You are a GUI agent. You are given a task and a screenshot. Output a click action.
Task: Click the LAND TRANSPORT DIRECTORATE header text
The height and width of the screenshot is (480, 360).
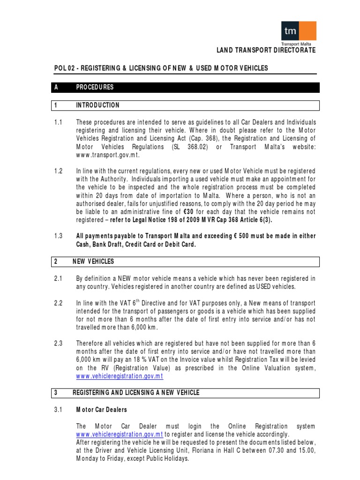tap(265, 50)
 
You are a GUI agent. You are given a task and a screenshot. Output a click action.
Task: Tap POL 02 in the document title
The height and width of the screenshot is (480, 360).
tap(63, 68)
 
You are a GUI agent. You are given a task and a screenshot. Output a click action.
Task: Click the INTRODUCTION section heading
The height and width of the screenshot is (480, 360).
tap(97, 105)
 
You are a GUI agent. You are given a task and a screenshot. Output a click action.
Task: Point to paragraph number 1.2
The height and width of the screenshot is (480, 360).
tap(58, 171)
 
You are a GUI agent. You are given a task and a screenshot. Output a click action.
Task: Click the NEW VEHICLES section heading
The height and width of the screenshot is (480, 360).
tap(93, 262)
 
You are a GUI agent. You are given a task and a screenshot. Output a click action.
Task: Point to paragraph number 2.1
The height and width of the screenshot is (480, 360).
tap(58, 279)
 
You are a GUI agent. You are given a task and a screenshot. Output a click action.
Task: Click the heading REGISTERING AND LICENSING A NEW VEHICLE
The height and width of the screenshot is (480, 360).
tap(136, 393)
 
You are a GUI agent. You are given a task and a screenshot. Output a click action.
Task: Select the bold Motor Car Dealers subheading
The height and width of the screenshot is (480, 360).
tap(101, 410)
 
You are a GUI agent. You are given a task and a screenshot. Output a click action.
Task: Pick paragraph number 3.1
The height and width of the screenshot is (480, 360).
tap(58, 410)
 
